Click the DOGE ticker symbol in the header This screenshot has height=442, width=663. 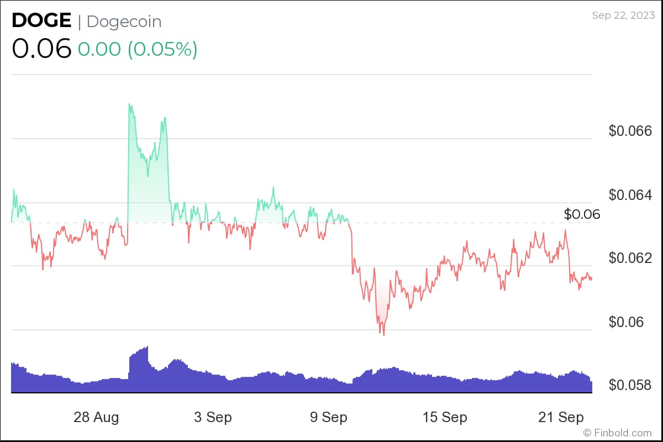[41, 21]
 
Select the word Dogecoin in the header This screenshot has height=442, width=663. [124, 22]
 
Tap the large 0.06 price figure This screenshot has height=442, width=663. [41, 49]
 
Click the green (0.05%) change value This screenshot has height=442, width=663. [162, 49]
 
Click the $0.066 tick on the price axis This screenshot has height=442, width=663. [630, 131]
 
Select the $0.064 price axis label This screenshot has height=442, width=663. [630, 195]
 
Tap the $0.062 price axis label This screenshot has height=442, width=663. [630, 259]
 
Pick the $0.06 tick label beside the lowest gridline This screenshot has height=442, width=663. [626, 322]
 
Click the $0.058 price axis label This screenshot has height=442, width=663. [630, 385]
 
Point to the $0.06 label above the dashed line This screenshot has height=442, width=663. [582, 214]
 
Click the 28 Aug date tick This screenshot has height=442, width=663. [96, 417]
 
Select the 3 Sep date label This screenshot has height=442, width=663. [213, 417]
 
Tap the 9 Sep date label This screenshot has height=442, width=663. [329, 417]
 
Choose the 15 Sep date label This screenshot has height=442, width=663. [444, 417]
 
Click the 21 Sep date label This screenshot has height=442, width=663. [560, 417]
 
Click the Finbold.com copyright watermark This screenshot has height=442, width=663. [618, 433]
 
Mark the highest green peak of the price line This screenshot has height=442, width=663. [129, 104]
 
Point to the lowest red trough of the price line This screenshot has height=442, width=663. [383, 335]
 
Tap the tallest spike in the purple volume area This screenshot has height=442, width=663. [147, 347]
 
